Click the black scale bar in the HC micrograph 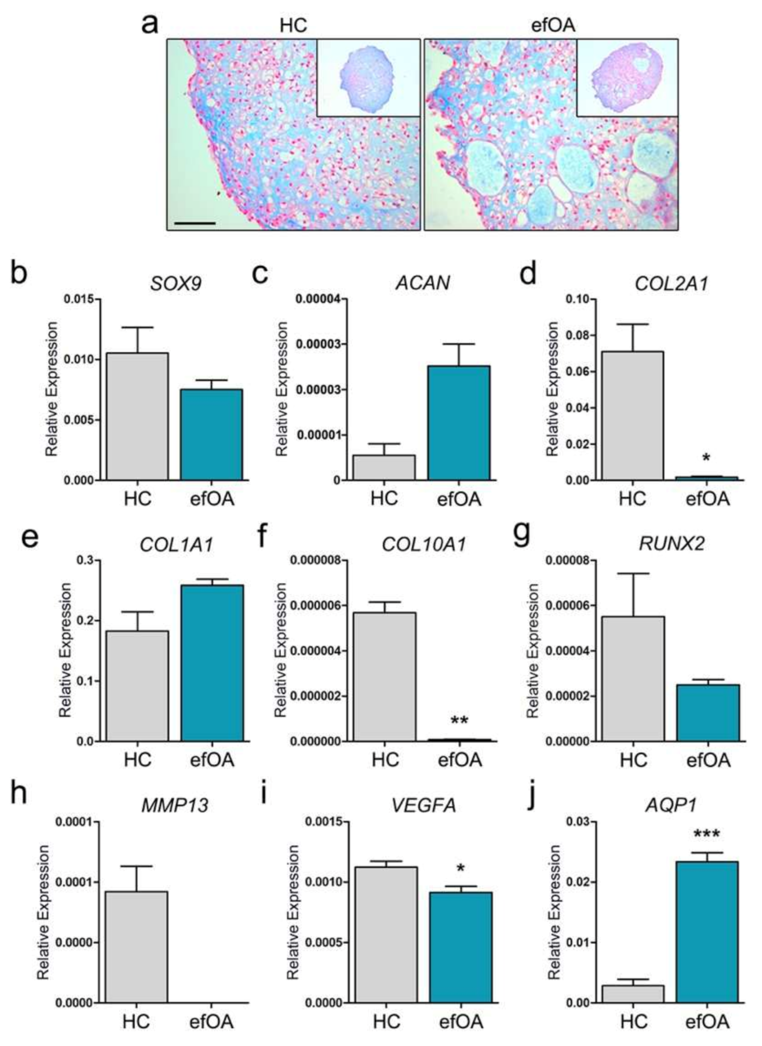195,223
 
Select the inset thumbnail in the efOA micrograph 627,78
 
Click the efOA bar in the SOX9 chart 211,434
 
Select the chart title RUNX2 672,544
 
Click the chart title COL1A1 176,545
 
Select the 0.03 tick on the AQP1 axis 577,822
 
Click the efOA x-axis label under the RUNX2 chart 708,759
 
